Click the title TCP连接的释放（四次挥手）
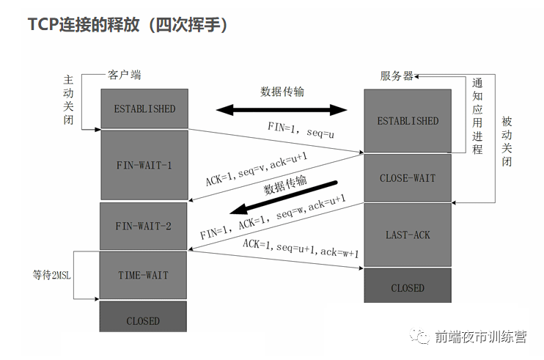128,25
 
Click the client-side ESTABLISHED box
144,109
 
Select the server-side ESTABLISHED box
408,121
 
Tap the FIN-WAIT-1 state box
144,165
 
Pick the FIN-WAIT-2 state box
144,226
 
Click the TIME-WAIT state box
144,276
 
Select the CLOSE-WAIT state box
408,178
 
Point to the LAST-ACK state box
408,235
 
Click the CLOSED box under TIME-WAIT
144,321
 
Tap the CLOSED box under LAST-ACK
408,288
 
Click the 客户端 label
125,76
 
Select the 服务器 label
397,76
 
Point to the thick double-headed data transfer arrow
282,110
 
